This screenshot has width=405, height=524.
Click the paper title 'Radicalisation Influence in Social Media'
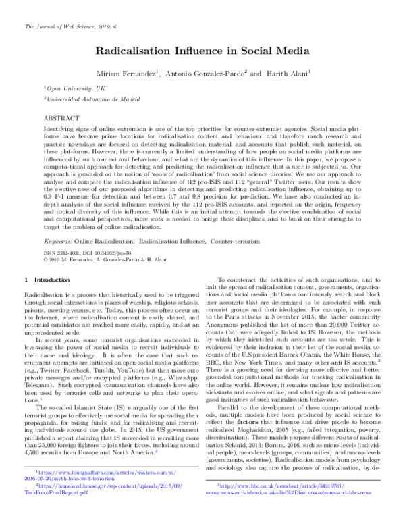[x=202, y=51]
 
